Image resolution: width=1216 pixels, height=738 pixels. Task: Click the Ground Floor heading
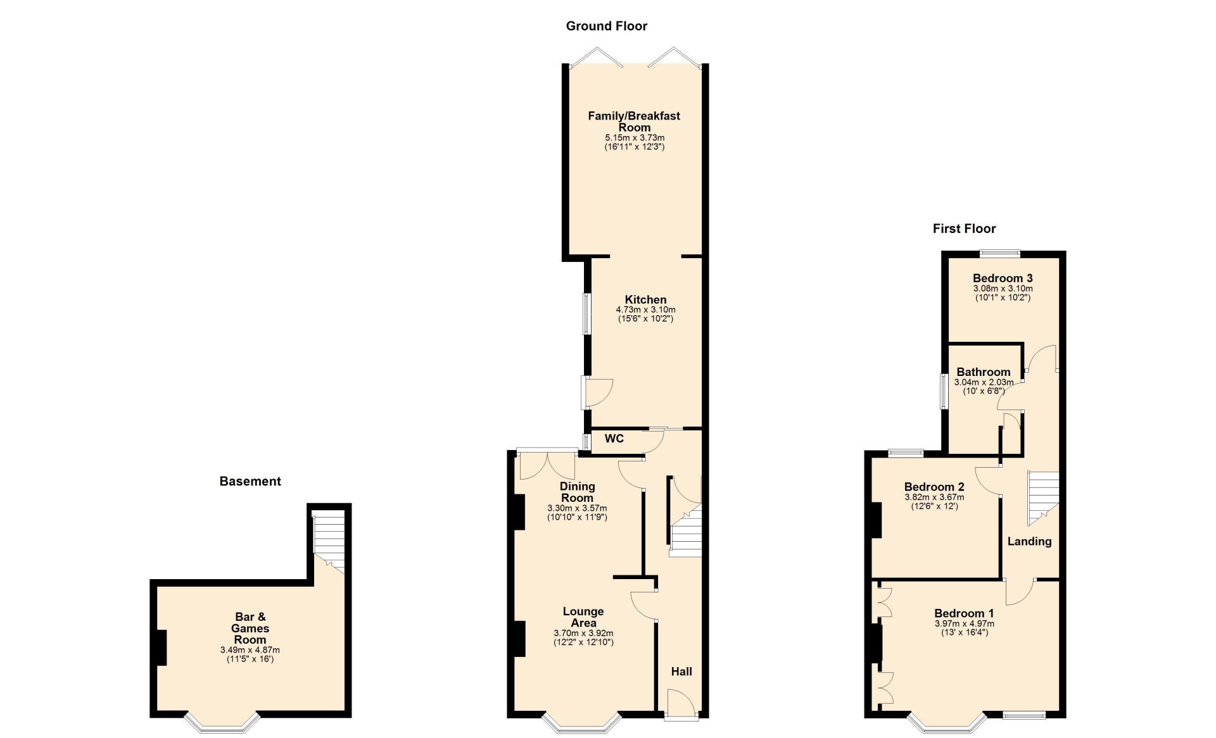point(606,26)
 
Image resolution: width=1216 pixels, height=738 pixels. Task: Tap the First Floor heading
point(964,228)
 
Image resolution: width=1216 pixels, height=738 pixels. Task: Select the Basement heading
point(250,481)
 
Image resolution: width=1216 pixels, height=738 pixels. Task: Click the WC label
point(614,439)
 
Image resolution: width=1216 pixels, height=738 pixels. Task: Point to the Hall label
point(681,672)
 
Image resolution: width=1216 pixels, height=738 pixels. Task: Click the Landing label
point(1029,541)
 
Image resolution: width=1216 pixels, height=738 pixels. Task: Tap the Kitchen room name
point(645,300)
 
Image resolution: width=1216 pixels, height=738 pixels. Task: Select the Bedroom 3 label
point(1003,278)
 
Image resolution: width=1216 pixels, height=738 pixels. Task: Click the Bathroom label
point(984,372)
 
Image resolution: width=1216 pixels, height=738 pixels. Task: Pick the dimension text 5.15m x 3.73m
point(635,137)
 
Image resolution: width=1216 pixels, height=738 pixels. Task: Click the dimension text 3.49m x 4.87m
point(250,650)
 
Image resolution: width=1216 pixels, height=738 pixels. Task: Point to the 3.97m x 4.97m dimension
point(965,623)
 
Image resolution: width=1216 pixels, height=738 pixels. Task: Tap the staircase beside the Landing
point(1042,498)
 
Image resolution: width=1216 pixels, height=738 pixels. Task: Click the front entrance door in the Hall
point(681,704)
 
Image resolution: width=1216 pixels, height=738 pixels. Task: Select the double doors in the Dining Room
point(548,465)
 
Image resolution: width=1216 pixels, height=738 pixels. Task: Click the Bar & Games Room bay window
point(222,723)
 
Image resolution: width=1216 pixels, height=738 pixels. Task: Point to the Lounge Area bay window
point(581,723)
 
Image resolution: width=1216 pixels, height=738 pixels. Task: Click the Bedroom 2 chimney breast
point(877,520)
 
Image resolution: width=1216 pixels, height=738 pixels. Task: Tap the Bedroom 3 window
point(1001,254)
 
